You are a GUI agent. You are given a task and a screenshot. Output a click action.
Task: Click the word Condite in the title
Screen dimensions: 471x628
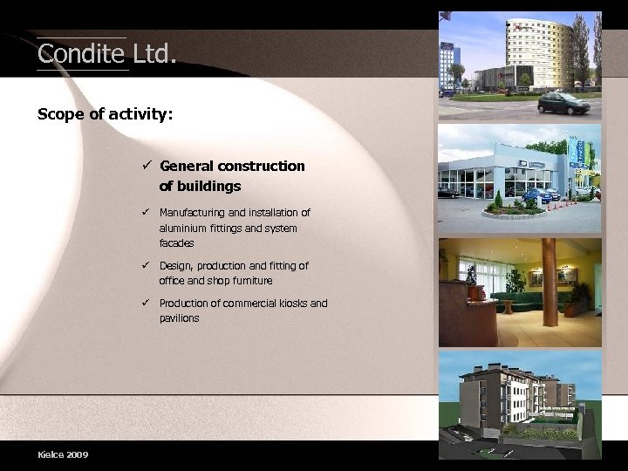[x=81, y=54]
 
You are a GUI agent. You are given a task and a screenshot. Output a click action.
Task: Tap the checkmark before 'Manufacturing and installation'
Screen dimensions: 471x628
[x=148, y=212]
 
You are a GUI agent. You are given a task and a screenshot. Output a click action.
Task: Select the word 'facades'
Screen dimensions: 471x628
[x=176, y=243]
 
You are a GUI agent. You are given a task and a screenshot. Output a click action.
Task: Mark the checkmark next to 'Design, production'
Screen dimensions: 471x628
[x=148, y=265]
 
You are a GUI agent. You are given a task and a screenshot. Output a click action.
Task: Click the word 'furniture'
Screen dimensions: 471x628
[x=250, y=281]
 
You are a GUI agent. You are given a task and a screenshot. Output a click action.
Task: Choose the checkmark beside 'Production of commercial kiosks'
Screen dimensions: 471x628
[x=148, y=303]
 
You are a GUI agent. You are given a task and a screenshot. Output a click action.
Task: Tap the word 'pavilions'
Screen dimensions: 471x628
[x=179, y=318]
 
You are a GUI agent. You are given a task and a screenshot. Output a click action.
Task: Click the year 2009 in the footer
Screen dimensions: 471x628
[x=76, y=454]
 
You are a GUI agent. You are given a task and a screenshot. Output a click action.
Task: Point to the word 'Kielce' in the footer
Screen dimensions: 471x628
[x=50, y=454]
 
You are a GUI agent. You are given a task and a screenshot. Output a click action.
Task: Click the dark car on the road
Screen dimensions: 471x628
[x=563, y=104]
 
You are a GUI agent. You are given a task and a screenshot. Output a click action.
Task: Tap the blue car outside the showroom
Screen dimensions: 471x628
[x=540, y=195]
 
